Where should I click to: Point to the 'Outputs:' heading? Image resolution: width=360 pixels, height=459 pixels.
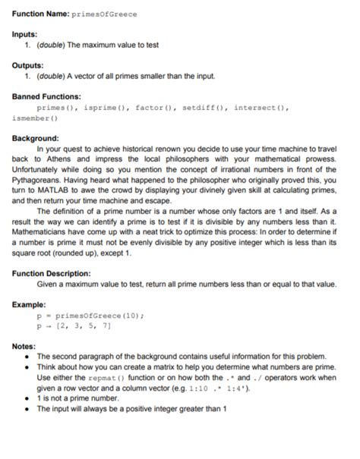click(30, 65)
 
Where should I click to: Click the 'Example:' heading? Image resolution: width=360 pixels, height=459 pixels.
click(30, 304)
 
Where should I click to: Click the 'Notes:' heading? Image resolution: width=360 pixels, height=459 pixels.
click(24, 346)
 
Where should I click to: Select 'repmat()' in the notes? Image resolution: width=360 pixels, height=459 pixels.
click(97, 376)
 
